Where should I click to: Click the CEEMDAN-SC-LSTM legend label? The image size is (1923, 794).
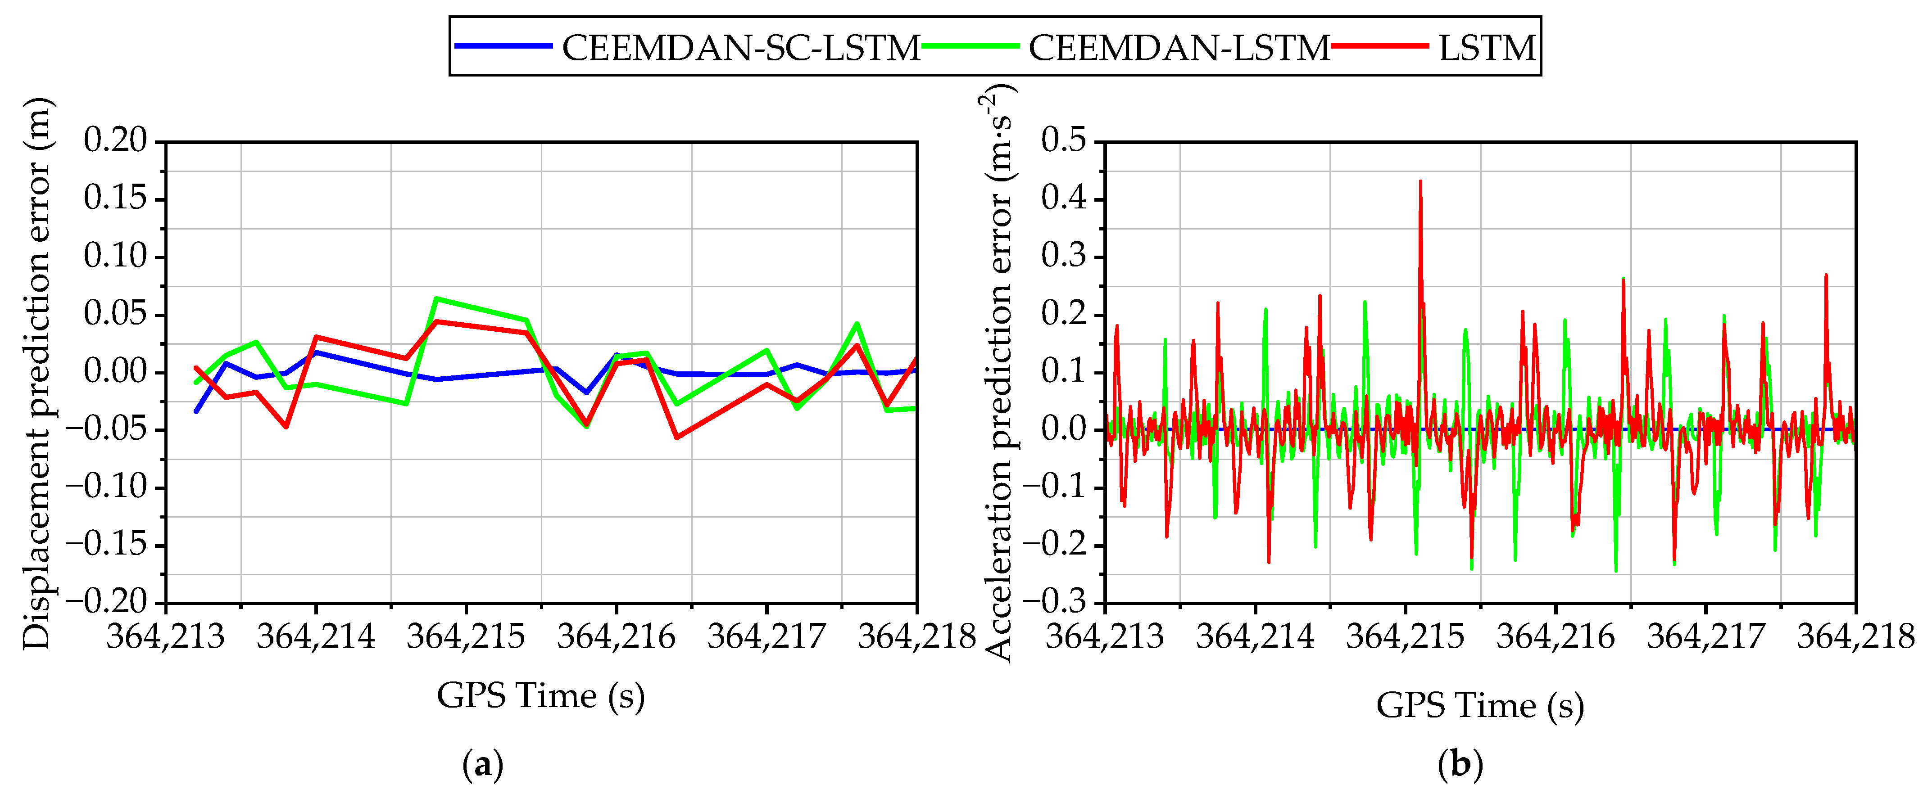point(740,48)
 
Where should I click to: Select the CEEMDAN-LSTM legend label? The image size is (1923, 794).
point(1179,48)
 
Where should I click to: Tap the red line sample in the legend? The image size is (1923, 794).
point(1379,46)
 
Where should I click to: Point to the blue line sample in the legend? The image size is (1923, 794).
point(504,46)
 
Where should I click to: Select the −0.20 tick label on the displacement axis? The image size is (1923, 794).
point(107,601)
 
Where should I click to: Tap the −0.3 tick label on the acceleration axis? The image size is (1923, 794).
point(1054,601)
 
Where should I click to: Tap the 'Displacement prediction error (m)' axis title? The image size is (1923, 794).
point(36,373)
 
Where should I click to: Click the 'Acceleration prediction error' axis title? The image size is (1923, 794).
point(999,373)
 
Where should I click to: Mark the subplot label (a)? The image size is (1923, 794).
point(483,765)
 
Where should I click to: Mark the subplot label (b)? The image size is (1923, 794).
point(1460,765)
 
